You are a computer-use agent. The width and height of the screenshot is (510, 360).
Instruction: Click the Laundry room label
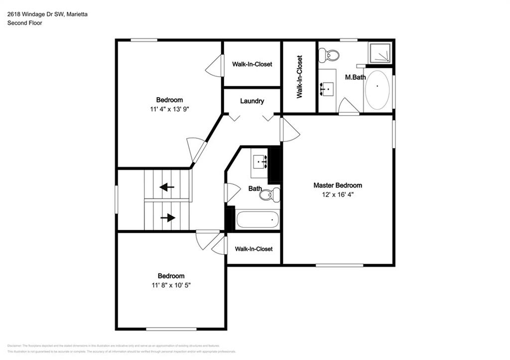252,101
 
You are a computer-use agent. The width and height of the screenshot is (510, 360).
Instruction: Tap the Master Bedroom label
338,185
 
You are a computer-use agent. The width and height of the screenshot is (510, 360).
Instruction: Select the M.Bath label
356,77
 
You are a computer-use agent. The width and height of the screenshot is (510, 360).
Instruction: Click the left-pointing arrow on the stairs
167,188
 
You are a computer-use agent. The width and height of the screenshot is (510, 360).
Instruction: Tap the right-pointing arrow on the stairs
168,218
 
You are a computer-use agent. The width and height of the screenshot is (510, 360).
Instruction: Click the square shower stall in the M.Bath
380,53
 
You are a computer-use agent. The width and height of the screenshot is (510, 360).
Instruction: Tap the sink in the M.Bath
327,89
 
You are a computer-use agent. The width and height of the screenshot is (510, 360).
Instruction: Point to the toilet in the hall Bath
270,195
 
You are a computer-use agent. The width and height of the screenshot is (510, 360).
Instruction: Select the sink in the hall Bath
259,162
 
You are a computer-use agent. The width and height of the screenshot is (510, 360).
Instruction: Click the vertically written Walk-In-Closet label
299,77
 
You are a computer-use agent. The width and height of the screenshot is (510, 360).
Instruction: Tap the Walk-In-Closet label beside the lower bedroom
254,249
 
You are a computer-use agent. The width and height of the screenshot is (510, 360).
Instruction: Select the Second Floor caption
24,23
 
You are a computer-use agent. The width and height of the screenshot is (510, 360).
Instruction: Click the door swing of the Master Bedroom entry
290,130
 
